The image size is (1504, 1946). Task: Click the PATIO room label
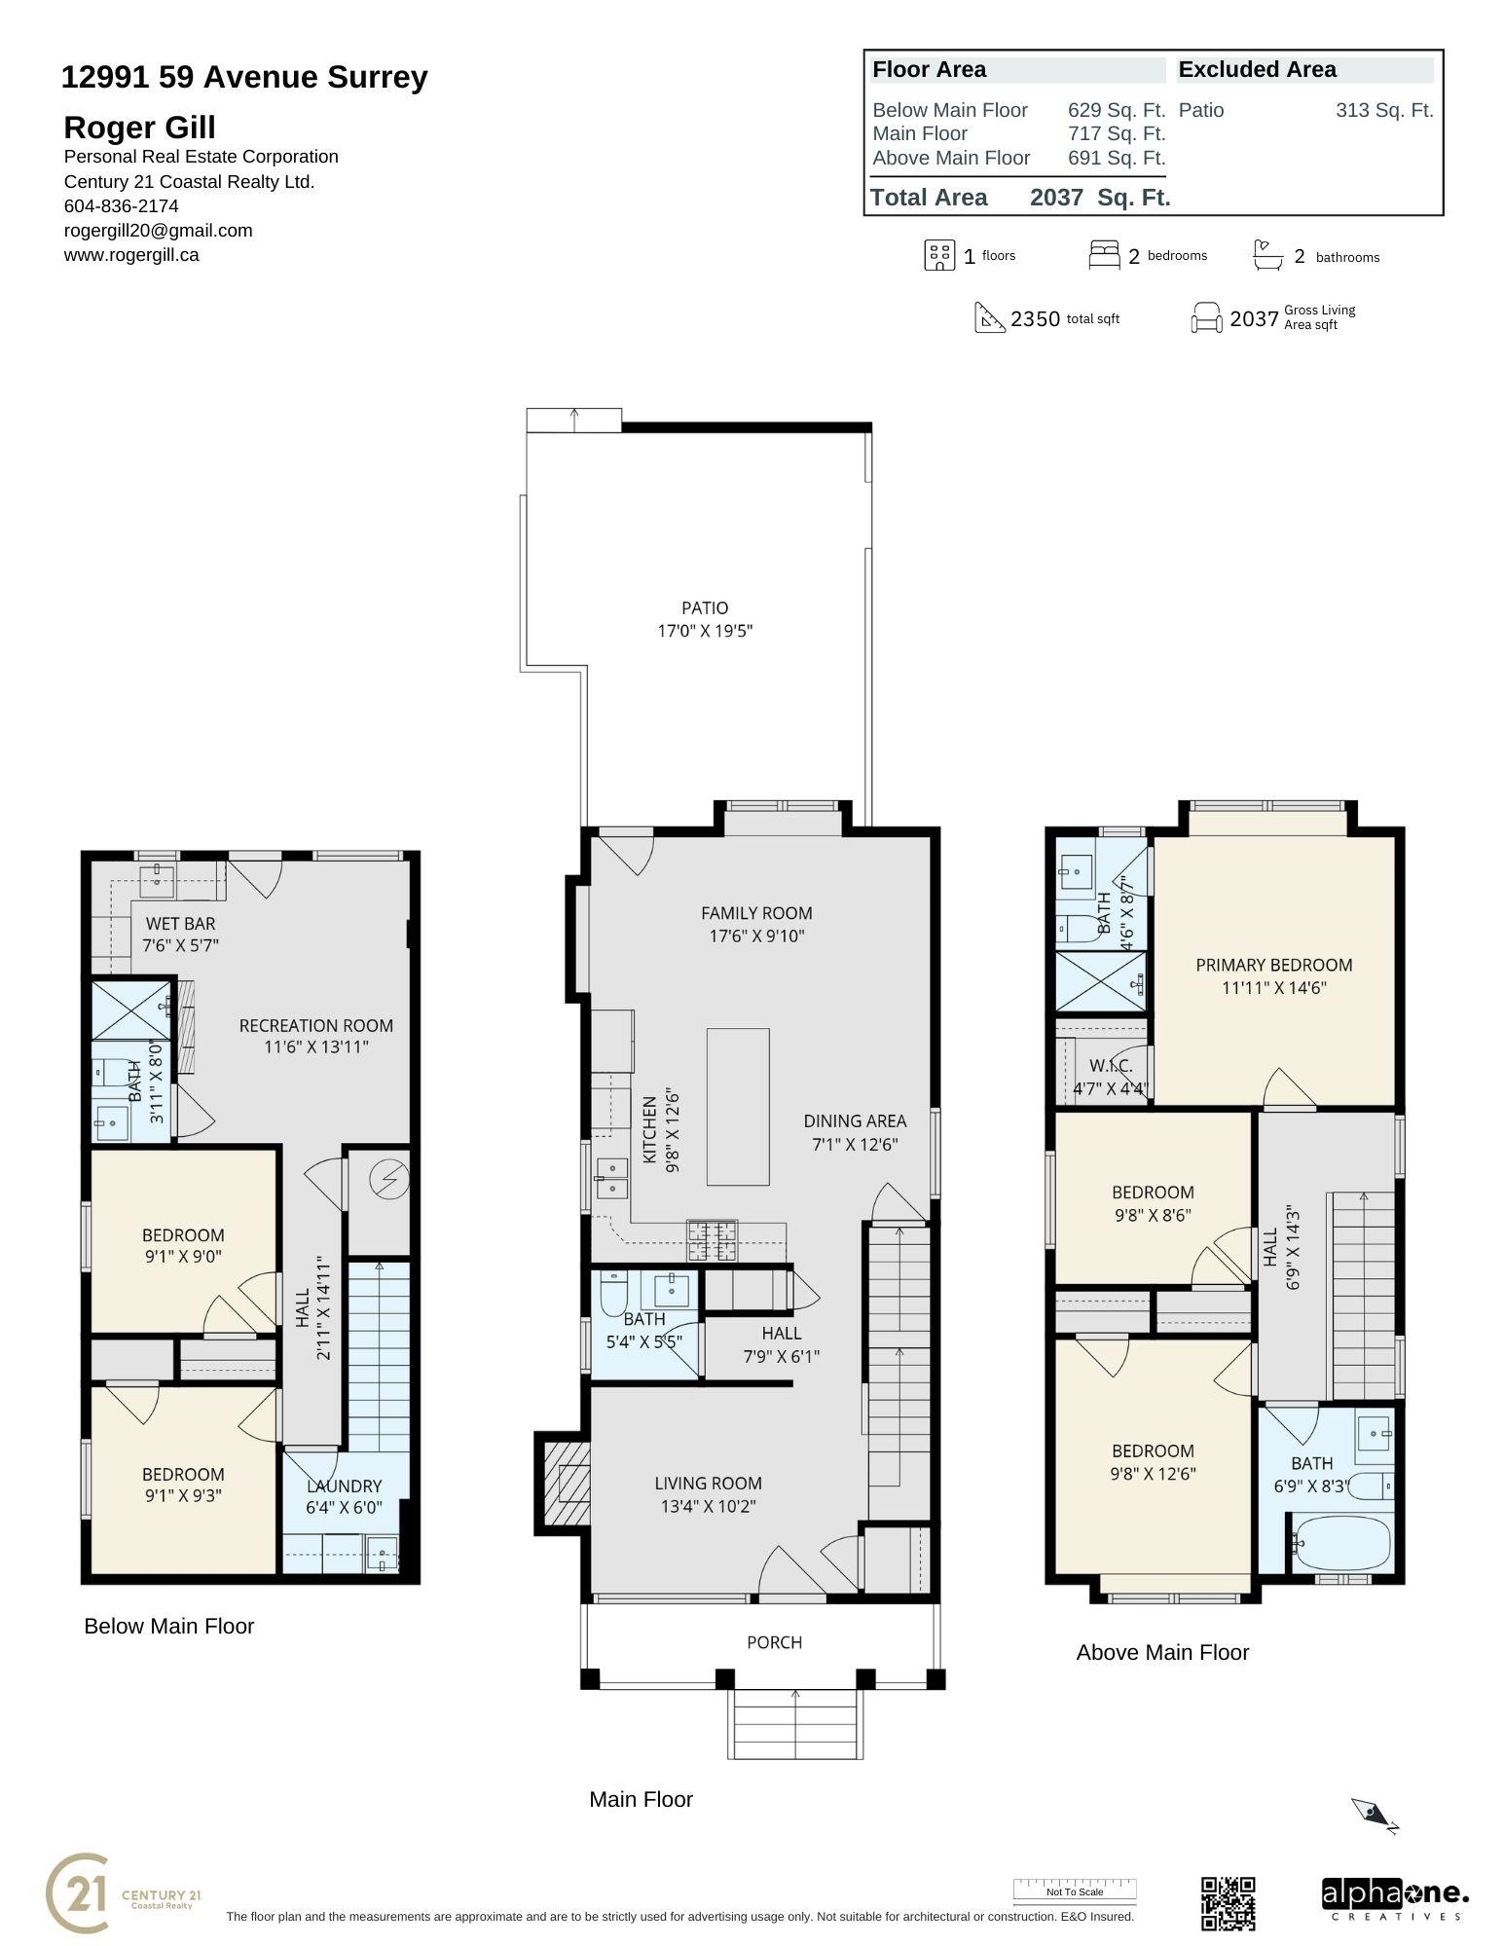pos(705,608)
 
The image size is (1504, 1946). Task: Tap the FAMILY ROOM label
pos(756,913)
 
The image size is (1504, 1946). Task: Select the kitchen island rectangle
pos(738,1106)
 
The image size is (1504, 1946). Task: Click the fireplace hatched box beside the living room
pos(567,1484)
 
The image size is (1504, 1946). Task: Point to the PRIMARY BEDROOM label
pos(1274,965)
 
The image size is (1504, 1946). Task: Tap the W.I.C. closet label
pos(1111,1066)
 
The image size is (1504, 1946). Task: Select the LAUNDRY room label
pos(344,1487)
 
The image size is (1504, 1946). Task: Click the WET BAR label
pos(180,924)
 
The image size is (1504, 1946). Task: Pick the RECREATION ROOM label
pos(316,1025)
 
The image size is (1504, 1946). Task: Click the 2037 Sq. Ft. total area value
pos(1100,198)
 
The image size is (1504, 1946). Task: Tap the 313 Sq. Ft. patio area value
pos(1384,110)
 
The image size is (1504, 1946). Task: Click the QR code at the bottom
pos(1228,1903)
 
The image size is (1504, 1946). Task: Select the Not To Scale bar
pos(1075,1891)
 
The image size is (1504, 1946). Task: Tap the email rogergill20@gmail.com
pos(158,231)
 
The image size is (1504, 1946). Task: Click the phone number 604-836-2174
pos(121,206)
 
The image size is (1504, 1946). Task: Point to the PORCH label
pos(774,1642)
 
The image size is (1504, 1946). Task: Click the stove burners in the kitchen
pos(712,1240)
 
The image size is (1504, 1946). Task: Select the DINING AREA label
pos(855,1121)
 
